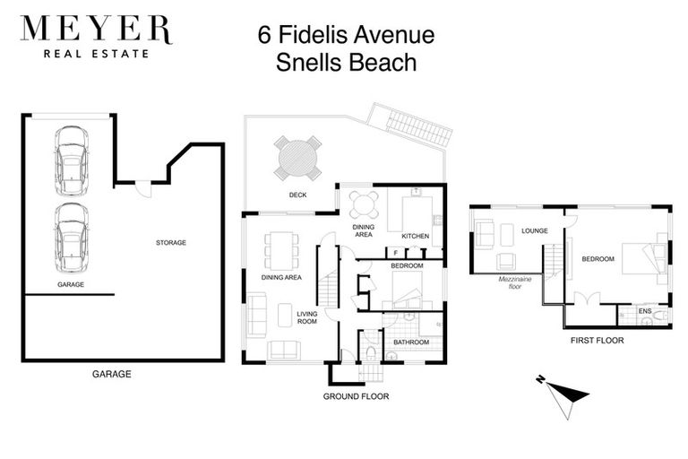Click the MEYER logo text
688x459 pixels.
[x=95, y=30]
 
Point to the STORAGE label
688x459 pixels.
[x=170, y=242]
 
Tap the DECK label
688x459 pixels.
[x=298, y=195]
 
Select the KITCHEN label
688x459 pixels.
[x=415, y=237]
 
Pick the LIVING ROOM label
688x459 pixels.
[x=307, y=318]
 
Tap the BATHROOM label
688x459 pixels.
[x=412, y=342]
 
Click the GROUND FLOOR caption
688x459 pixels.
[x=357, y=395]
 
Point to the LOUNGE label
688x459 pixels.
[x=535, y=230]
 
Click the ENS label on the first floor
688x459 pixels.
[x=644, y=311]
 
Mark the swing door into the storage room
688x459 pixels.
[x=143, y=191]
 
